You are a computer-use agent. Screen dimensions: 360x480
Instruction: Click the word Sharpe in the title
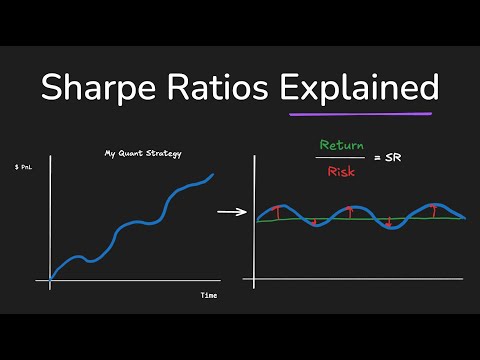coord(98,88)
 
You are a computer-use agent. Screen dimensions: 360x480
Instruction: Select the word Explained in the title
coord(358,88)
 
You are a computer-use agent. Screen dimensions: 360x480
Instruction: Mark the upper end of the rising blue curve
coord(213,175)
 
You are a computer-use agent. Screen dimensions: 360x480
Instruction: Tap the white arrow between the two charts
coord(231,212)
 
